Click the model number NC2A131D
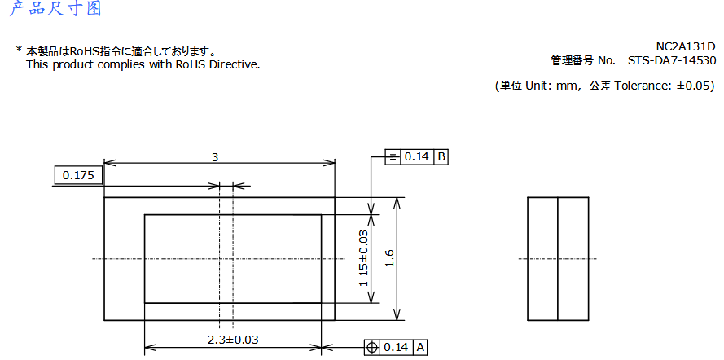click(686, 46)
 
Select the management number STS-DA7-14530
click(672, 60)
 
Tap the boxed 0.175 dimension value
click(78, 175)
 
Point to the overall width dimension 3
click(215, 157)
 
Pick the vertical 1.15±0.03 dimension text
click(363, 257)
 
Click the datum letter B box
click(441, 156)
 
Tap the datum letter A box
click(420, 347)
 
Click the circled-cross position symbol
click(372, 347)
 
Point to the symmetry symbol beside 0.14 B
click(394, 156)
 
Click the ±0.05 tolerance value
click(695, 85)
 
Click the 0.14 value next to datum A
click(396, 347)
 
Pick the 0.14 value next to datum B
click(417, 156)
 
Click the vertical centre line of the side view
click(557, 259)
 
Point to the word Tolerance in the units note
click(642, 85)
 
